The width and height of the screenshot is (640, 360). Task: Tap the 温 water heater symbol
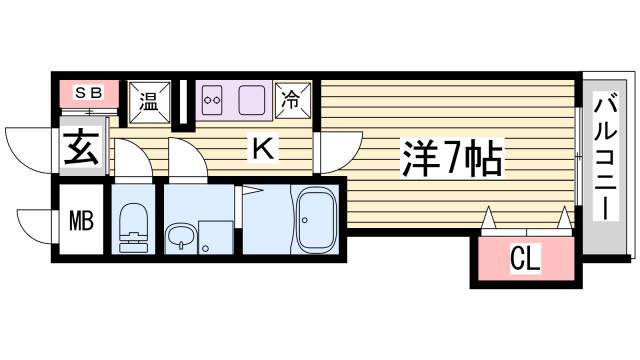tap(148, 99)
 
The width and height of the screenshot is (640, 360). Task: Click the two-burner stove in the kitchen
tap(211, 100)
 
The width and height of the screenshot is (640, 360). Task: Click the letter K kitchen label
tap(262, 149)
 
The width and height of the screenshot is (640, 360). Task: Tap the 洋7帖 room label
tap(452, 157)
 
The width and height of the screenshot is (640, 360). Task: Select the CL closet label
tap(524, 261)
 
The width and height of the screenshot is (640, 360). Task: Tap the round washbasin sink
tap(179, 236)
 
